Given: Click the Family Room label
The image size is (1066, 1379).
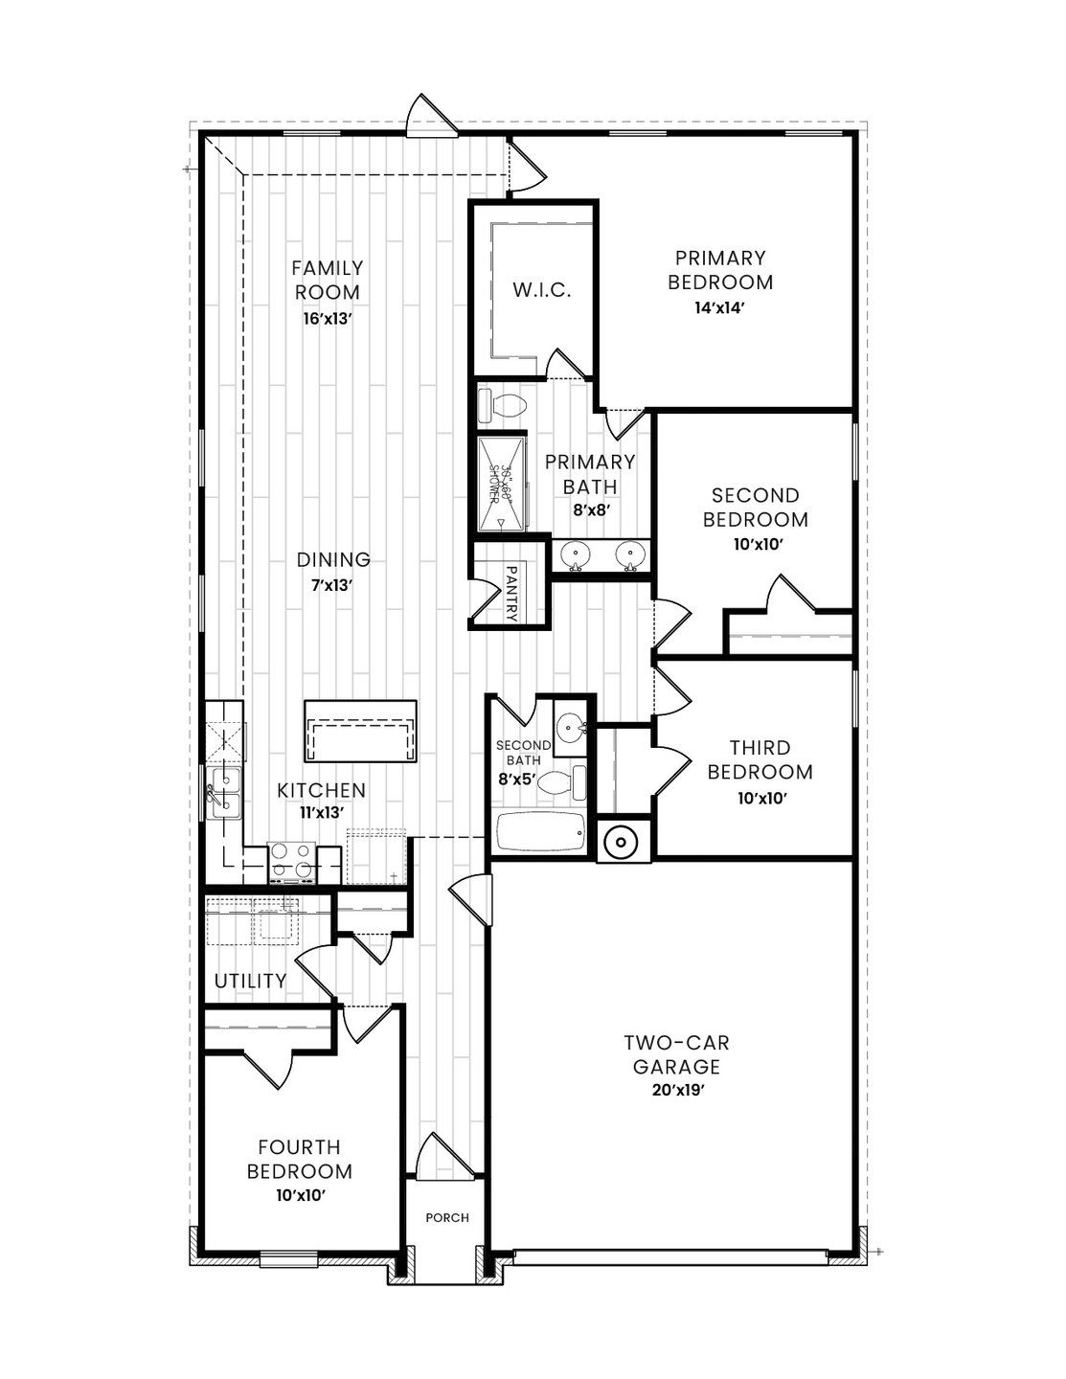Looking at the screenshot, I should click(x=328, y=280).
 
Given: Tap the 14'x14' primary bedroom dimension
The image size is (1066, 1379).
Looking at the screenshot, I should click(x=719, y=308).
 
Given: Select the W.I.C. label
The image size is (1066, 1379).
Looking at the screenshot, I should click(x=541, y=290).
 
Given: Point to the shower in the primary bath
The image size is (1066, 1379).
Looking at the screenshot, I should click(x=502, y=483).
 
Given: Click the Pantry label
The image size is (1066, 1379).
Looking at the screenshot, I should click(x=510, y=594).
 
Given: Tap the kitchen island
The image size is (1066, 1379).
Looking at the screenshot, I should click(x=360, y=731).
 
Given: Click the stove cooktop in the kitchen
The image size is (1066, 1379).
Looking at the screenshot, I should click(x=292, y=860).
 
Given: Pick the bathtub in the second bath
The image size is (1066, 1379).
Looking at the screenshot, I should click(x=540, y=832).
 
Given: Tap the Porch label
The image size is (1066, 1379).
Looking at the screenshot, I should click(x=447, y=1218).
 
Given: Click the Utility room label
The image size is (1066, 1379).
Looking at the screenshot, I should click(x=250, y=981).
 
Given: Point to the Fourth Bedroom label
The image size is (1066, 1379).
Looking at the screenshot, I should click(x=299, y=1159).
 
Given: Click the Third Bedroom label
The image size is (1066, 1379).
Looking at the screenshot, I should click(x=759, y=759).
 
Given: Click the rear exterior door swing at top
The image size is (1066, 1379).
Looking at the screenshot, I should click(x=428, y=117).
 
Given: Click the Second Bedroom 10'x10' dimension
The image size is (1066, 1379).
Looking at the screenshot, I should click(x=755, y=544).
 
